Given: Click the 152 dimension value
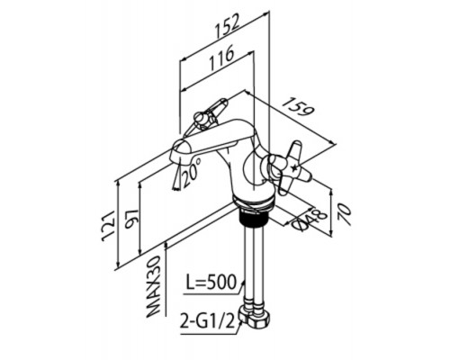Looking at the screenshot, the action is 228,27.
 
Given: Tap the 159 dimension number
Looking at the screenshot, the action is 298,107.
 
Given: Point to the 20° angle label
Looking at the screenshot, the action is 191,172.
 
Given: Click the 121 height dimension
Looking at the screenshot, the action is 108,226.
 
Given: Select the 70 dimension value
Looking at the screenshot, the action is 344,214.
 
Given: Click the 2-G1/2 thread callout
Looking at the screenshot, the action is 207,320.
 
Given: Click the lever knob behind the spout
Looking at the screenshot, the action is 202,118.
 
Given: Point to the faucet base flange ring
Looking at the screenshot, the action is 254,202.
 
